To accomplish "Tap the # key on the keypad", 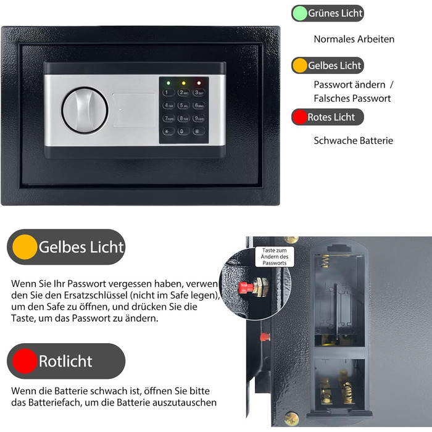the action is [198, 131].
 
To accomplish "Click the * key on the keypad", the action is [168, 131].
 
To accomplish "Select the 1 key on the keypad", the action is [168, 93].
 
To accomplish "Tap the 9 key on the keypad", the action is [198, 118].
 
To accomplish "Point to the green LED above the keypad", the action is [168, 83].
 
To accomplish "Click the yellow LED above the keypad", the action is [183, 83].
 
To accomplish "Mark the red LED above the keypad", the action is [199, 83].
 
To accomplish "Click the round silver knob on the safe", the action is [85, 110].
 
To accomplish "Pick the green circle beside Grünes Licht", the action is [299, 13].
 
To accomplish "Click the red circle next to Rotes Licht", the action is [299, 117].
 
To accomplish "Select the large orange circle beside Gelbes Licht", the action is [25, 247].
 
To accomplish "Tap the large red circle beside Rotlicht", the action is [25, 361].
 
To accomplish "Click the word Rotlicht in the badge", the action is [65, 361].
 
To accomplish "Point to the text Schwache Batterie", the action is [353, 141].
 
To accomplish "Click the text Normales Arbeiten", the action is [354, 39].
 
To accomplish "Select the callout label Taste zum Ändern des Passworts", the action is [275, 257].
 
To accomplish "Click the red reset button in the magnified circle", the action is [246, 288].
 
